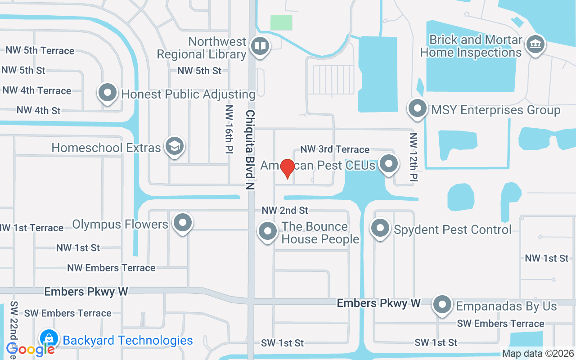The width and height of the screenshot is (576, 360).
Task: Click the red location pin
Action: coord(287,168)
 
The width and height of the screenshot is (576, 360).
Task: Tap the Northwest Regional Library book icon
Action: coord(260,46)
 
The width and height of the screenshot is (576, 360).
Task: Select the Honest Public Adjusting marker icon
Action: coord(108,93)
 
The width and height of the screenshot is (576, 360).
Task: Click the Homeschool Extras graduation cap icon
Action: coord(174,146)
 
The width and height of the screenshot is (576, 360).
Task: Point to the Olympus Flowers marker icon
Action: coord(183,223)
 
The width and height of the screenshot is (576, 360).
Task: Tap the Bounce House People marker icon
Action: coord(268,231)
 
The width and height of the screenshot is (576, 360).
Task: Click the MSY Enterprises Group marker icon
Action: coord(417,108)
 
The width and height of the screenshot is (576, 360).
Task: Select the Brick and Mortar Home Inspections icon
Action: coord(535,45)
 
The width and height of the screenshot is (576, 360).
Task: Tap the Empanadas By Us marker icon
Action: coord(442,305)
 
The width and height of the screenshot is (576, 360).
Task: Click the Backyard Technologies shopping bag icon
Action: coord(48,339)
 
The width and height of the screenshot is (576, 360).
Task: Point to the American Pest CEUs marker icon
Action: coord(389,164)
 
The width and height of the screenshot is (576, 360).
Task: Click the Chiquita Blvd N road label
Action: coord(250,149)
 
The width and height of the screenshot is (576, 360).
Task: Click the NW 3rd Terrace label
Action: coord(335,149)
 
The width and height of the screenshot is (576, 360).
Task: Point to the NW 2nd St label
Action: coord(285,210)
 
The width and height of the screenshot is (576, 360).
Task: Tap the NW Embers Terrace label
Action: coord(111,268)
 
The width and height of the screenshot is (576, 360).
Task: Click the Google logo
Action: coord(31,349)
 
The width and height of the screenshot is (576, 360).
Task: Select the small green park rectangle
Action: coord(281,22)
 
